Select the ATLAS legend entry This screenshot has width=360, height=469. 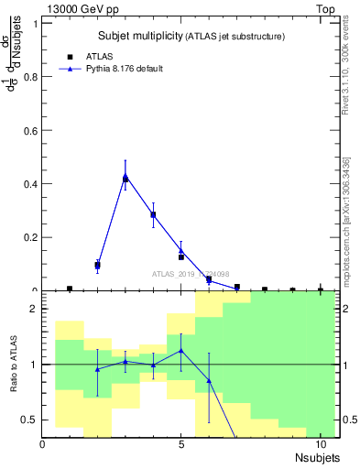99,56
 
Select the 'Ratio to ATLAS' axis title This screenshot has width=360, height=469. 14,365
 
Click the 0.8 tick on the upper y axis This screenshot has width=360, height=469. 33,77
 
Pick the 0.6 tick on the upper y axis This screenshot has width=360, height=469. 33,130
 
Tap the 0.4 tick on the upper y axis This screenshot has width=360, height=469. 33,184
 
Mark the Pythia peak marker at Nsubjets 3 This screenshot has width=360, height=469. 125,176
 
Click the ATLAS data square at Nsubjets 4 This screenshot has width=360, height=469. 153,215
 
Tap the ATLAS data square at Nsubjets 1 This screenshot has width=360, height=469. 70,289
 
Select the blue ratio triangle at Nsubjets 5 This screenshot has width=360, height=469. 181,350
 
